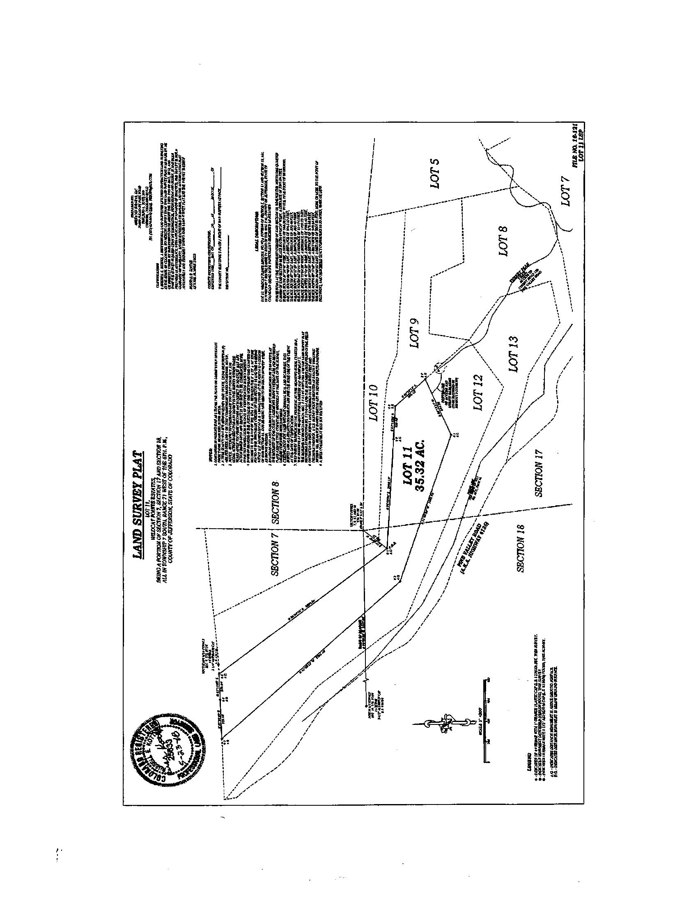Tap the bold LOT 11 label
click(x=409, y=467)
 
